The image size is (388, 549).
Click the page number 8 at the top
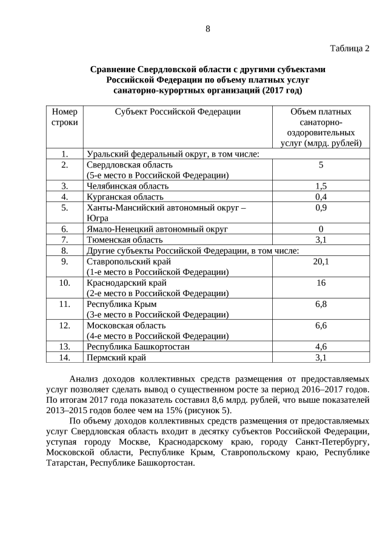(x=207, y=28)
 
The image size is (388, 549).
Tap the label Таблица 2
(x=349, y=49)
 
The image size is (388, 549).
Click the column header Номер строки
(x=65, y=117)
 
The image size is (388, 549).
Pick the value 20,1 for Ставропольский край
(x=321, y=261)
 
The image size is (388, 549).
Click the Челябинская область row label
(x=127, y=186)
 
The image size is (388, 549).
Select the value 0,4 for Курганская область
(x=321, y=197)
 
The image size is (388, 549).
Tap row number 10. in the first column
(x=64, y=283)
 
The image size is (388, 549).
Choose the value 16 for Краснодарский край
(x=321, y=283)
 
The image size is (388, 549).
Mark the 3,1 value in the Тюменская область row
(x=321, y=240)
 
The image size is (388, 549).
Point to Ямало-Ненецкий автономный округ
(x=157, y=229)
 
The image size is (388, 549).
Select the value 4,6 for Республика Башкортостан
(x=321, y=346)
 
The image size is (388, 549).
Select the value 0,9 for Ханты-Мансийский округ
(x=321, y=208)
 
